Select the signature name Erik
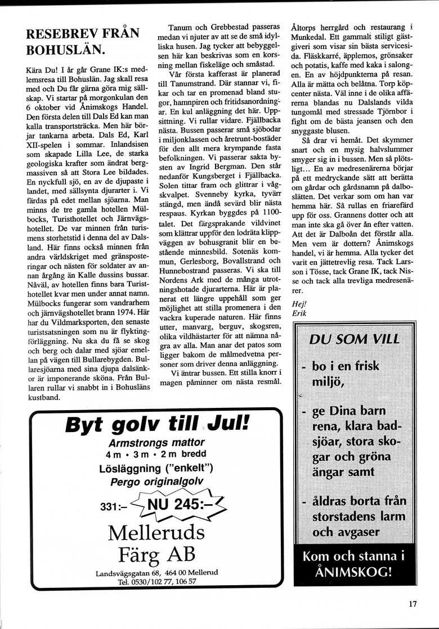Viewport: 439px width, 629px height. pyautogui.click(x=299, y=313)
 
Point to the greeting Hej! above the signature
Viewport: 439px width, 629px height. pyautogui.click(x=299, y=304)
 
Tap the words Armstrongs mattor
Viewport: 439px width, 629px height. pyautogui.click(x=156, y=442)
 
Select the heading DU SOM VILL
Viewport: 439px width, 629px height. pyautogui.click(x=354, y=339)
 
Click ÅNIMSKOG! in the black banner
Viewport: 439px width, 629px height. pyautogui.click(x=354, y=572)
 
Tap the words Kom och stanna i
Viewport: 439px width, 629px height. pyautogui.click(x=354, y=556)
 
